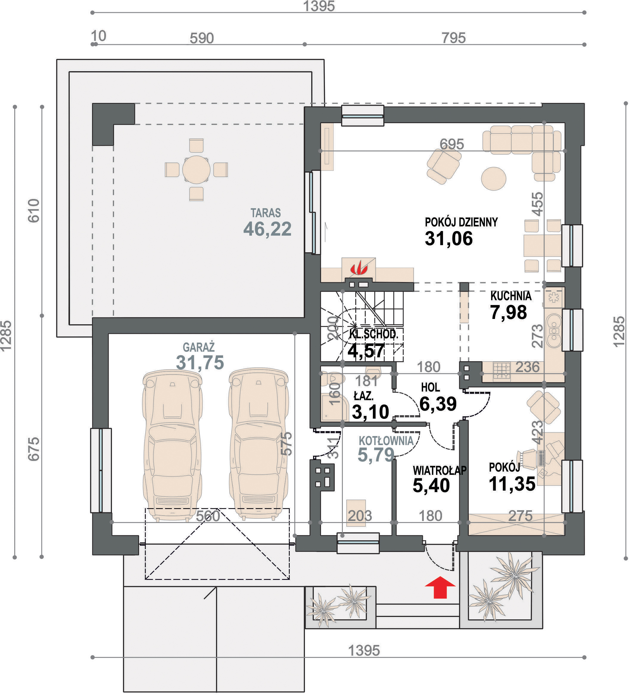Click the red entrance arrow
440,587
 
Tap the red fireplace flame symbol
359,268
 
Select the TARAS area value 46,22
267,229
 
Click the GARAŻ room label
199,347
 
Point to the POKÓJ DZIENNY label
461,222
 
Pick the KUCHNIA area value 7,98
509,312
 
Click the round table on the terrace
196,170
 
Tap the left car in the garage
172,444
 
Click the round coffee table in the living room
494,179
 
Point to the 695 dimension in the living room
452,144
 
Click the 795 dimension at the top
454,38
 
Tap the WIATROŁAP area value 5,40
431,485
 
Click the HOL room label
430,387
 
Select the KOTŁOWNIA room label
386,441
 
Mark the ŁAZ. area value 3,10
370,412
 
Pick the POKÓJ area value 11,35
512,484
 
